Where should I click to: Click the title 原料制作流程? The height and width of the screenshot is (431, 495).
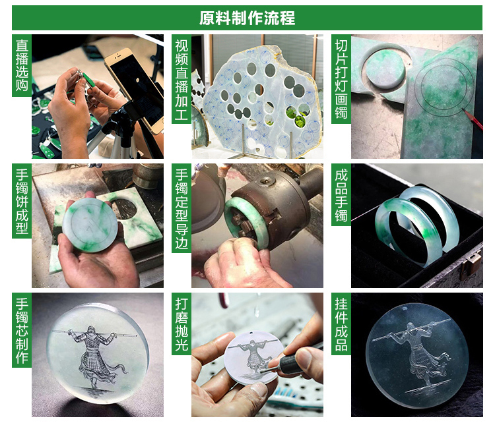[247, 18]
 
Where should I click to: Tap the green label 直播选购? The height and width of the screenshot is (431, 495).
[22, 65]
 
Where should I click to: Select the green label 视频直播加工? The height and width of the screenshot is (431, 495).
[181, 79]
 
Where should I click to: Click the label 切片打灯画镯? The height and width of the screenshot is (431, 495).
[341, 79]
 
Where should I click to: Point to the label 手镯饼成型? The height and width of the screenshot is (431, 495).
[22, 201]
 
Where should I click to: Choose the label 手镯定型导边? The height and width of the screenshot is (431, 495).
[181, 208]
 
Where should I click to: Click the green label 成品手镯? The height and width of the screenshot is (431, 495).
[341, 195]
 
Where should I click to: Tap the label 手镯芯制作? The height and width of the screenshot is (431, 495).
[22, 330]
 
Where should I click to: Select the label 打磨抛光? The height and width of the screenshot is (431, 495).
[181, 324]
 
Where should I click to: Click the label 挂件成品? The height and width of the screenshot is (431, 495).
[341, 324]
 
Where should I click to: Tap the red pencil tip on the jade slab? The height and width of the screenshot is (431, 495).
[463, 109]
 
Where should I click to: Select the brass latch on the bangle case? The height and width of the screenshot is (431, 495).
[468, 266]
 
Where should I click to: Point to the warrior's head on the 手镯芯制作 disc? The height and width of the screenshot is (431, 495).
[91, 330]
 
